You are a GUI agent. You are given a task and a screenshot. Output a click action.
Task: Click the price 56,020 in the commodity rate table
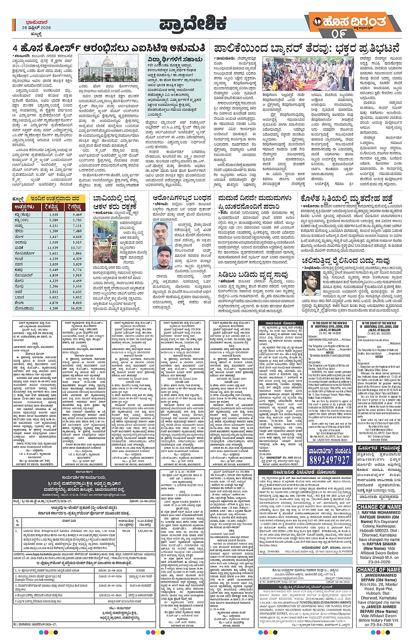pos(77,308)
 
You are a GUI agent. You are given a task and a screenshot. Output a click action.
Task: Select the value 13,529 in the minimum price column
pos(53,248)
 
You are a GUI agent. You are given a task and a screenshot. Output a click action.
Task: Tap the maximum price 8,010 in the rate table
pos(77,302)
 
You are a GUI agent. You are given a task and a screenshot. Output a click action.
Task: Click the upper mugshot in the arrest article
pos(163,233)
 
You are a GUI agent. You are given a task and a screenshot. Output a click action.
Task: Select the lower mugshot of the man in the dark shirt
pos(163,257)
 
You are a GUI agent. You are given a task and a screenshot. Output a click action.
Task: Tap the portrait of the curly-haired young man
pos(311,283)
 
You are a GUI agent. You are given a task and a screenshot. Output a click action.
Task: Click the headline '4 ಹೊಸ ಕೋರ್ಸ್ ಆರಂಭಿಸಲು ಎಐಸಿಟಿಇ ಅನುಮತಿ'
pos(108,48)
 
